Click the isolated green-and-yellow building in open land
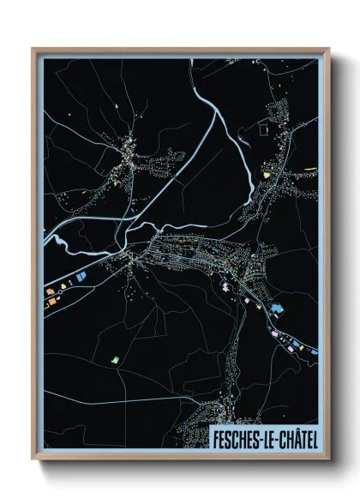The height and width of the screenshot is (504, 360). click(114, 359)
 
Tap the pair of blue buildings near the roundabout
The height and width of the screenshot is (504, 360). click(80, 278)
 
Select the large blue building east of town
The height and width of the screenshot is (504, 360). click(276, 308)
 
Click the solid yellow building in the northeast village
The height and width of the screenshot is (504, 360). click(266, 174)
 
